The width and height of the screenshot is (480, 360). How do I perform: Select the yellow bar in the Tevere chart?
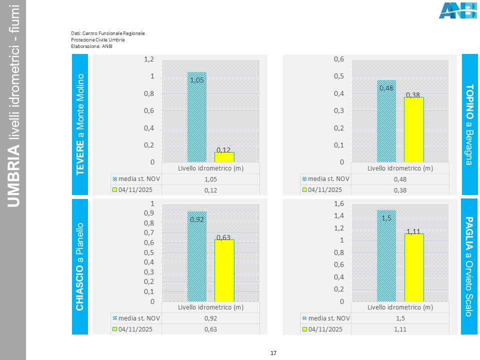[224, 157]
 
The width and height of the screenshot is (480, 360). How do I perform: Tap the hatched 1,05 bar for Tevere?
[196, 117]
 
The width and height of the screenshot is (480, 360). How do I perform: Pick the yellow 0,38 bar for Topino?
[414, 129]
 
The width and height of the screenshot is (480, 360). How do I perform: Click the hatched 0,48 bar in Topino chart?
[386, 121]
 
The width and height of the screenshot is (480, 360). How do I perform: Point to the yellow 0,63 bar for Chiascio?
[224, 270]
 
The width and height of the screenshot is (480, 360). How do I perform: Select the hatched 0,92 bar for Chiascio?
[196, 256]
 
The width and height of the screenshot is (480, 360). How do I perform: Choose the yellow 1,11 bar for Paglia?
[414, 267]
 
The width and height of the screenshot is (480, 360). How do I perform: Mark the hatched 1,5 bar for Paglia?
[386, 255]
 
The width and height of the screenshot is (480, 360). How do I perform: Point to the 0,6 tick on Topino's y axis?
[339, 59]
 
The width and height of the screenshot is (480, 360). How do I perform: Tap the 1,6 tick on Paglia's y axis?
[339, 203]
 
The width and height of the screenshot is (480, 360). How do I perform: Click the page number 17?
[273, 353]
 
